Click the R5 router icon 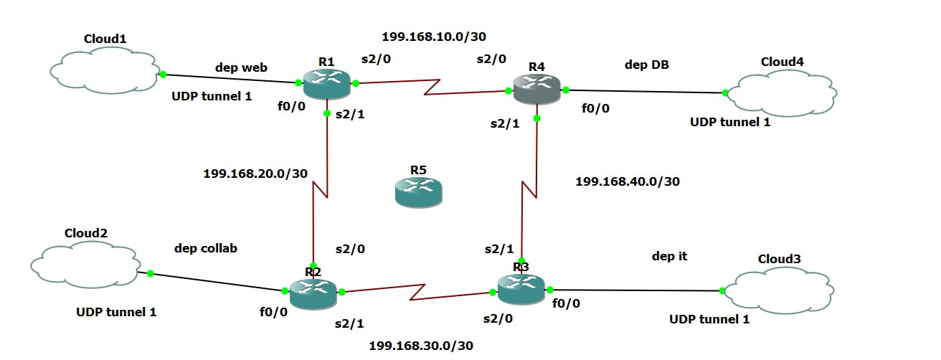click(x=418, y=192)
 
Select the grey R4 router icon click(x=537, y=89)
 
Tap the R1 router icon click(x=326, y=84)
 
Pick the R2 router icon click(x=313, y=293)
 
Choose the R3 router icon click(x=521, y=289)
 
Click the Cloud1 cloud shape click(x=105, y=70)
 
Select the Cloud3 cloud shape click(x=779, y=290)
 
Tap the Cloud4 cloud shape click(x=782, y=93)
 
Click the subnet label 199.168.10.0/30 click(x=433, y=37)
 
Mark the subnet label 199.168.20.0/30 click(x=255, y=174)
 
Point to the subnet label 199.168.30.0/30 click(x=421, y=346)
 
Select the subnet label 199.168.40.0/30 click(x=628, y=181)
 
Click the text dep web click(x=241, y=67)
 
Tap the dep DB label click(x=646, y=65)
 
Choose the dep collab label click(x=206, y=248)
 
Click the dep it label click(x=669, y=256)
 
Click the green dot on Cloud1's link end click(x=163, y=75)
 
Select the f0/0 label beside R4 click(x=595, y=108)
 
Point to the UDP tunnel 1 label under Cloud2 click(x=116, y=312)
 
